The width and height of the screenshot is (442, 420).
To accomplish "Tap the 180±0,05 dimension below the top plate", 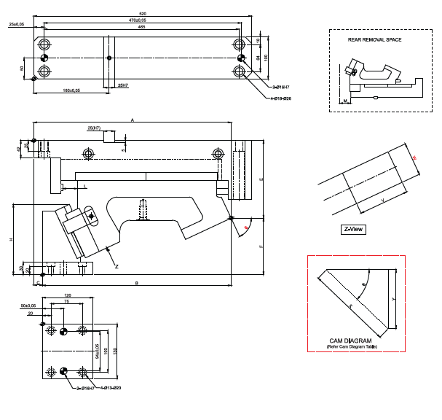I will (x=71, y=90).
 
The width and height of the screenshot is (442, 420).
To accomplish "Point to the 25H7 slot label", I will (x=122, y=85).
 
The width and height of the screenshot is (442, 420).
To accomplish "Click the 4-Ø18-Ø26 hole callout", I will (x=281, y=98).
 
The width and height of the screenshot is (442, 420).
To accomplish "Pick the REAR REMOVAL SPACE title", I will (x=374, y=39).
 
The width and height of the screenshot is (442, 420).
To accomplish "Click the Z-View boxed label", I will (x=354, y=229).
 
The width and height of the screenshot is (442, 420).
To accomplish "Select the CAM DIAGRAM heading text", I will (x=350, y=341).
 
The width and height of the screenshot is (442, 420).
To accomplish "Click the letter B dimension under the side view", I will (x=136, y=281).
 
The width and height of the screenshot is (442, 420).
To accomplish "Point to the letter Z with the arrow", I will (x=117, y=266).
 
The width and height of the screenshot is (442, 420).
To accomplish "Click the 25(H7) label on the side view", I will (x=94, y=128).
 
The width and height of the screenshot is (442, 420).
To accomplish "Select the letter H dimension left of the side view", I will (x=10, y=239).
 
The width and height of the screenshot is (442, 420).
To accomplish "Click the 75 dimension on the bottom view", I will (x=66, y=300).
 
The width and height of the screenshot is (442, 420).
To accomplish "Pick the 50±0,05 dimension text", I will (x=28, y=306).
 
